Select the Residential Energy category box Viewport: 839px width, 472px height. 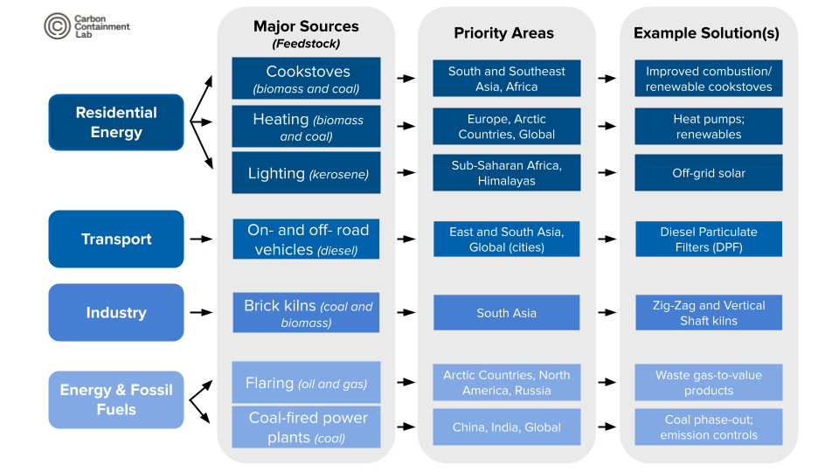[x=116, y=122]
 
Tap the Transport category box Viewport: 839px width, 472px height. [x=116, y=239]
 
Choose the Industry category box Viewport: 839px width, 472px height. [x=116, y=312]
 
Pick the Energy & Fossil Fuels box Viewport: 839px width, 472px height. [x=116, y=399]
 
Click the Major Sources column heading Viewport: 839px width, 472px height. [x=306, y=34]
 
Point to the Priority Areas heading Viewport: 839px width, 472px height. [x=503, y=33]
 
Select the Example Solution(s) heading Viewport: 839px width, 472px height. [x=706, y=33]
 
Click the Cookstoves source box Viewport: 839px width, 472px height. [x=306, y=79]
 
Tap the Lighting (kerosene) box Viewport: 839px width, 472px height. [x=306, y=173]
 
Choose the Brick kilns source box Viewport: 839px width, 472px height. [x=306, y=313]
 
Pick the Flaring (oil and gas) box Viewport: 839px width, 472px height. [x=306, y=383]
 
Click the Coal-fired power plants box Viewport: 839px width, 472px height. [x=306, y=427]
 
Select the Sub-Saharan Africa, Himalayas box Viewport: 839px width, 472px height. [x=506, y=173]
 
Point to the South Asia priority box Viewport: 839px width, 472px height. [x=506, y=313]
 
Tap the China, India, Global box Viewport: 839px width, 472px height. [x=506, y=427]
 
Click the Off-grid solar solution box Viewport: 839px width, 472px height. [x=709, y=173]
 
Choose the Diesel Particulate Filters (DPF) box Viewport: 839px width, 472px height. [x=709, y=239]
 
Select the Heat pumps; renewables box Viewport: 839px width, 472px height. [x=709, y=127]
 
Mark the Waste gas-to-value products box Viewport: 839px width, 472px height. [x=709, y=383]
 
